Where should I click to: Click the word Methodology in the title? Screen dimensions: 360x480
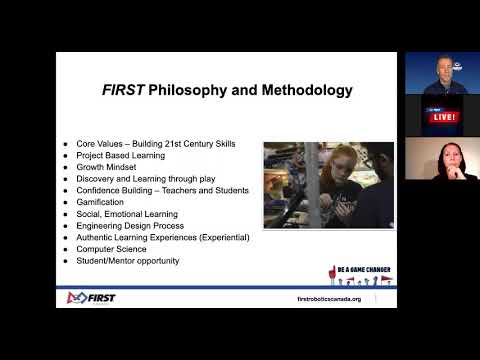301,90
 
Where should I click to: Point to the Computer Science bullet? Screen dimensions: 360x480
113,249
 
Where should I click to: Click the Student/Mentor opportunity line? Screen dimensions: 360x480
127,261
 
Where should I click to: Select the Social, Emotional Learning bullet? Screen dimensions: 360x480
127,214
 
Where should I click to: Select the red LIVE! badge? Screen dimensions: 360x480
443,116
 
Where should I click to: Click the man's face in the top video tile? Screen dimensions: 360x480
442,69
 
